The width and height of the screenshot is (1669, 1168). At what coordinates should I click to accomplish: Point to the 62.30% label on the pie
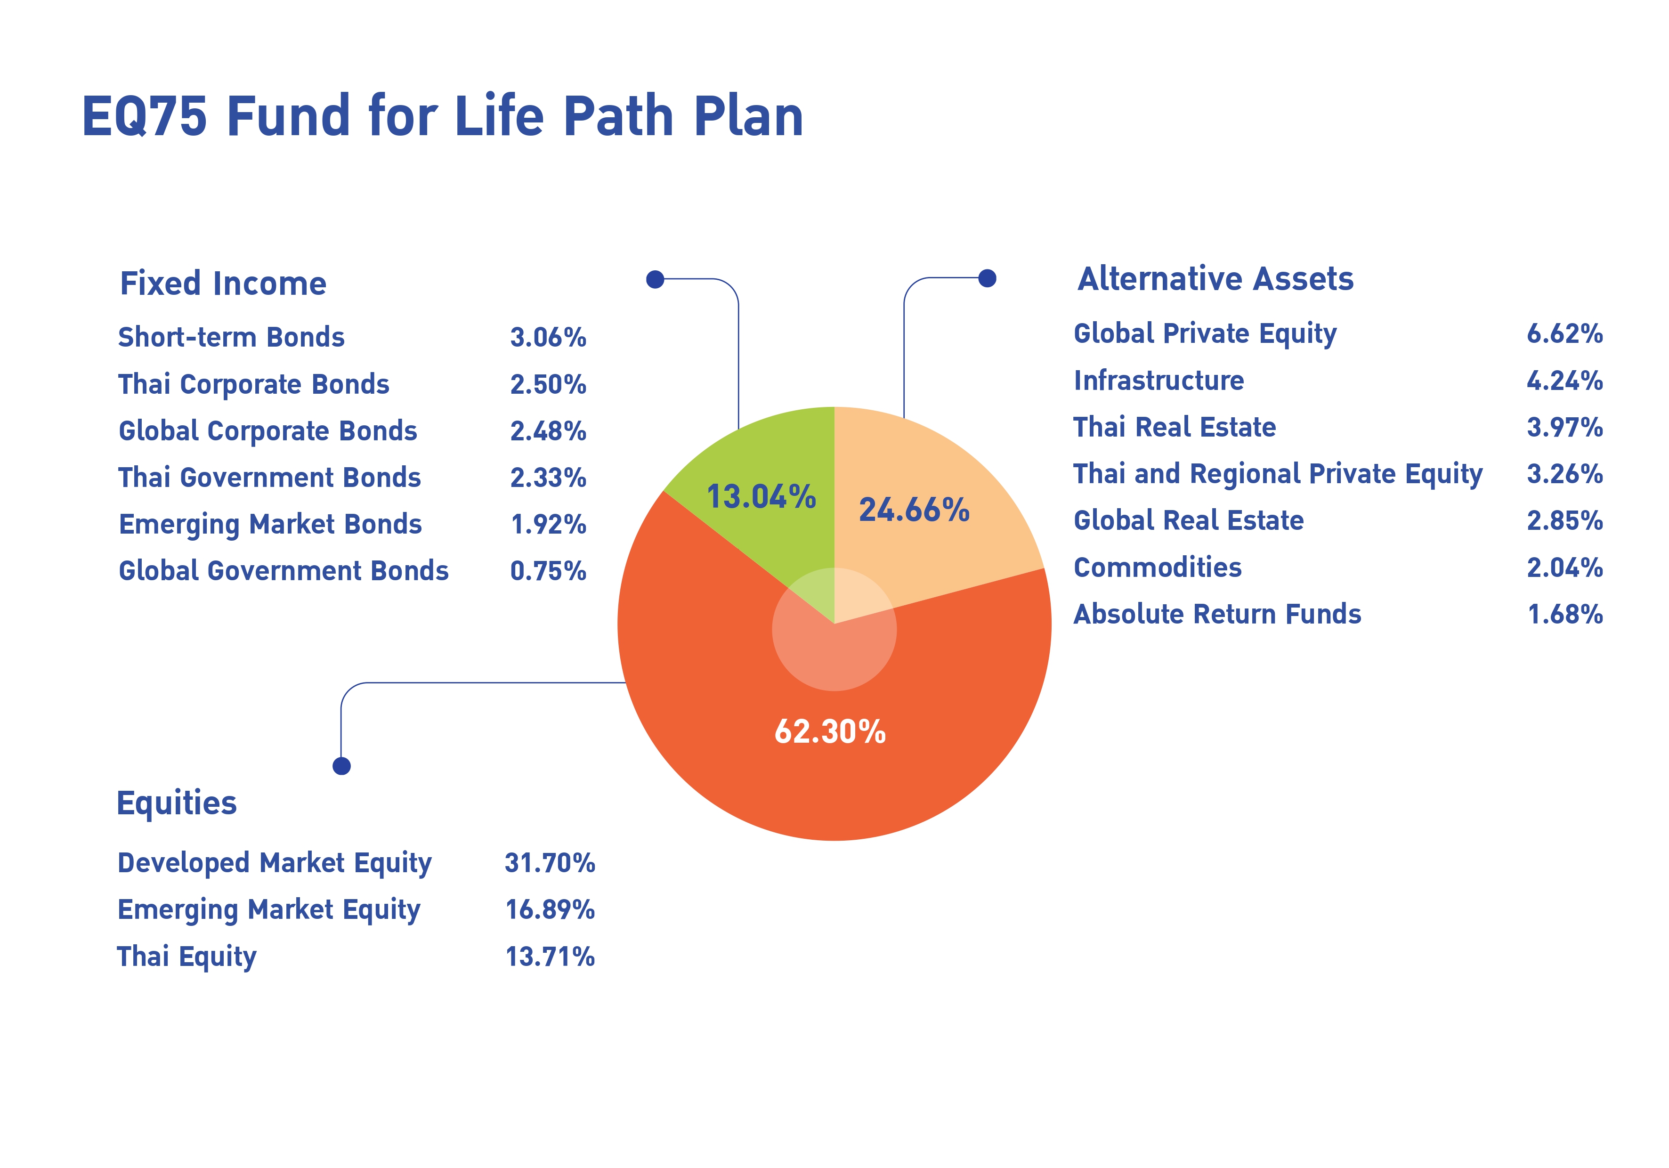pos(830,731)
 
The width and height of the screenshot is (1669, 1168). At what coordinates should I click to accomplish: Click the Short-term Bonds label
pos(231,337)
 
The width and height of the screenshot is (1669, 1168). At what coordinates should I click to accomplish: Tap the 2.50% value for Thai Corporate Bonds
pos(548,384)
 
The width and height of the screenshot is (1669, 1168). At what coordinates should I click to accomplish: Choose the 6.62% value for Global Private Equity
pos(1564,333)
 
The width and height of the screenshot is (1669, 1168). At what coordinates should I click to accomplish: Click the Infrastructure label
pos(1159,380)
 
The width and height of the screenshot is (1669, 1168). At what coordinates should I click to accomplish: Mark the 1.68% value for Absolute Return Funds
pos(1565,614)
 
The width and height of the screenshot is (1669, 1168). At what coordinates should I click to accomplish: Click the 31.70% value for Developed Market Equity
pos(550,863)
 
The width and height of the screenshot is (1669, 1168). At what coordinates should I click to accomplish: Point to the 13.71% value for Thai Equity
pos(550,957)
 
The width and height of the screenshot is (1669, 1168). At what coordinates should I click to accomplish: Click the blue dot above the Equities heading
pos(341,766)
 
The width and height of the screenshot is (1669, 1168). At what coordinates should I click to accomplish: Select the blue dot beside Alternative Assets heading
pos(987,278)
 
